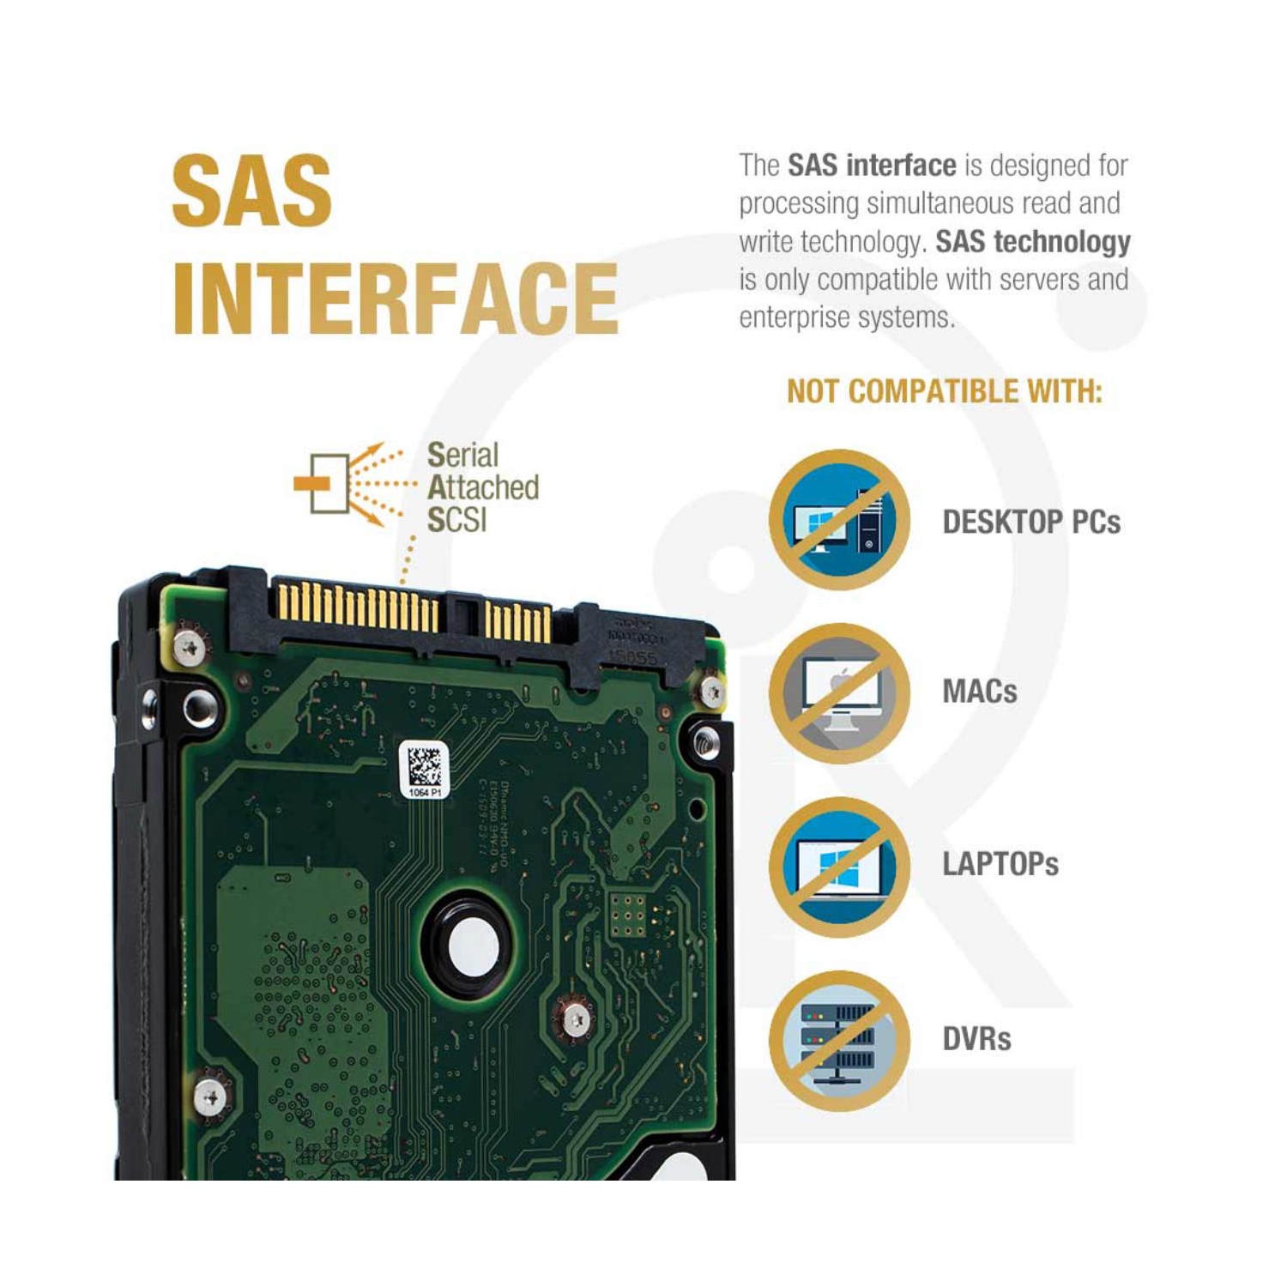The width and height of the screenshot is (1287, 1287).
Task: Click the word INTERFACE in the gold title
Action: coord(395,298)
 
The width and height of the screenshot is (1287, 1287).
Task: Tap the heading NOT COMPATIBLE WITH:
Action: coord(944,392)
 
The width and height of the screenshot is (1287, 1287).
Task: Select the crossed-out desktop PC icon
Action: coord(838,520)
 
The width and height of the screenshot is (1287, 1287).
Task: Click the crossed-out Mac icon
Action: coord(838,693)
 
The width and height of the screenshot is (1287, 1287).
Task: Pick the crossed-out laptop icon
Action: coord(838,867)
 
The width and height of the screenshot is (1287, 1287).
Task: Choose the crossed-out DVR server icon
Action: coord(838,1041)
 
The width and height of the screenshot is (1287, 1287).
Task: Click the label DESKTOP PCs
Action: coord(1030,522)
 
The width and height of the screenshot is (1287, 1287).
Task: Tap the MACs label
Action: coord(979,692)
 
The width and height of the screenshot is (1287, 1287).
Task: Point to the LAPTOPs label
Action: coord(1000,864)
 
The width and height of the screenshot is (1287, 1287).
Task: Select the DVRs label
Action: coord(976,1039)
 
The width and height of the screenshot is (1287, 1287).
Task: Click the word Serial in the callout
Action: coord(462,455)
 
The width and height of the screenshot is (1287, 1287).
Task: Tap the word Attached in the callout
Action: coord(483,487)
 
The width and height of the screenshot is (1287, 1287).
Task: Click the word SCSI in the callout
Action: coord(456,520)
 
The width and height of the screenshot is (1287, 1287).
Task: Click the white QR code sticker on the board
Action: coord(424,769)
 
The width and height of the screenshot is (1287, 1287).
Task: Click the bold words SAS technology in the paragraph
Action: coord(1032,242)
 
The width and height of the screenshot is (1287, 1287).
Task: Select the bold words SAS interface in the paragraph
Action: coord(871,165)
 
